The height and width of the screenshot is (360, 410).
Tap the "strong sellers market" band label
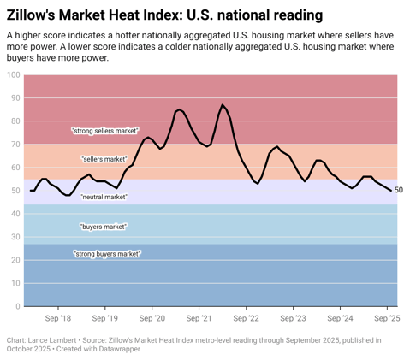pos(105,131)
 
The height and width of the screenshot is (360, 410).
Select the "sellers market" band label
pos(104,160)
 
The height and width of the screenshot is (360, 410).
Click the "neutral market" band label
pos(104,197)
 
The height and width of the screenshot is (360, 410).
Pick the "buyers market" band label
pos(104,227)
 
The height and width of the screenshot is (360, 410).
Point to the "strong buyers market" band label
pos(107,254)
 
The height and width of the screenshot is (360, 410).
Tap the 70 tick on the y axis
pos(15,145)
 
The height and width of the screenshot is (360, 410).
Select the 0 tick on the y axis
pos(17,306)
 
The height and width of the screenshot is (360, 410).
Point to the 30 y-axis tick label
pos(15,237)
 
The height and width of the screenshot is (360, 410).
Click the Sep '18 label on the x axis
pos(58,316)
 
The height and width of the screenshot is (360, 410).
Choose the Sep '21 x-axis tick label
pos(199,316)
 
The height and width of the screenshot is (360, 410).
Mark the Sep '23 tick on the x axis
pos(293,316)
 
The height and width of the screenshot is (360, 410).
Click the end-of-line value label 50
pos(399,191)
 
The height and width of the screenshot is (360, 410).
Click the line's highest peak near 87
pos(223,105)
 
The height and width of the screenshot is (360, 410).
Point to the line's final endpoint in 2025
pos(392,191)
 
